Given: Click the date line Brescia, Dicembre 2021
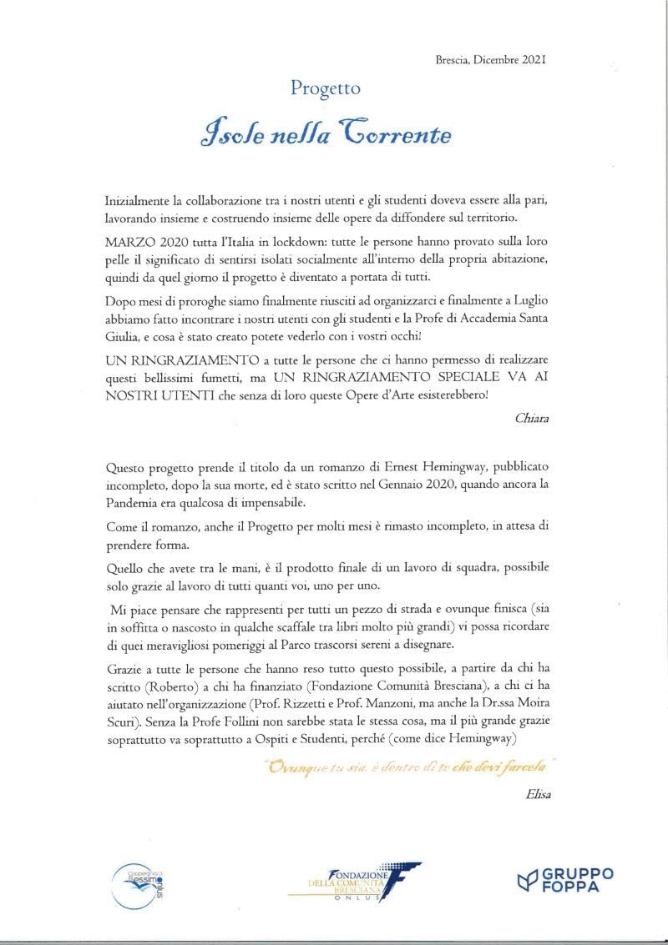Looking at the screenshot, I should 491,60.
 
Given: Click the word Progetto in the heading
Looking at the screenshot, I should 326,88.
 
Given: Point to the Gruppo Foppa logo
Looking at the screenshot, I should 565,880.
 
